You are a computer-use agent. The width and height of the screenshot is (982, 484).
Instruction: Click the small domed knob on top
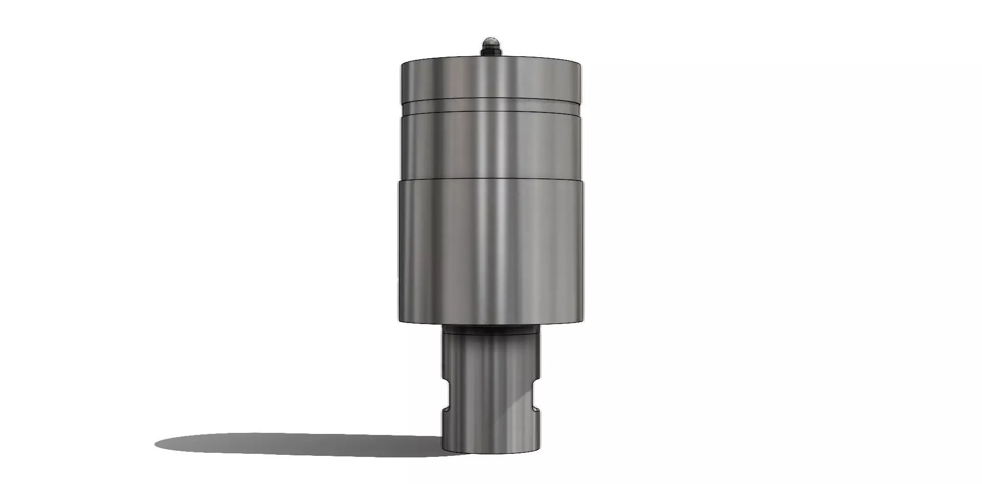click(x=491, y=41)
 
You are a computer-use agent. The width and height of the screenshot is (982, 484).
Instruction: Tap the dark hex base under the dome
click(x=491, y=51)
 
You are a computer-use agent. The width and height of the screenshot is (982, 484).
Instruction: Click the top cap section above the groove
click(x=491, y=79)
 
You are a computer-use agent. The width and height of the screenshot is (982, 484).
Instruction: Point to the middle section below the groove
click(x=491, y=146)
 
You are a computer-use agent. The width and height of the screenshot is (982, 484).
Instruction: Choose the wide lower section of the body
click(x=491, y=250)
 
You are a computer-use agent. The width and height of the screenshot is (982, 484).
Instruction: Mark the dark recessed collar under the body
click(x=491, y=330)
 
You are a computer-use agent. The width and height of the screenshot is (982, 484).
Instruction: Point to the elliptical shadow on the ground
click(x=297, y=444)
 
